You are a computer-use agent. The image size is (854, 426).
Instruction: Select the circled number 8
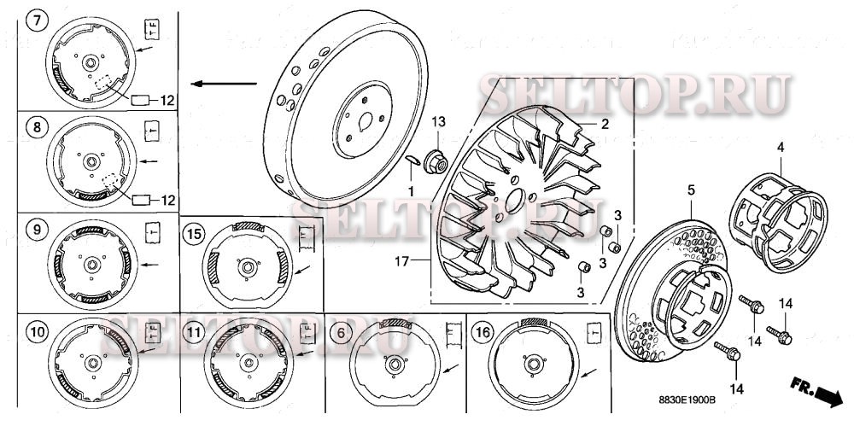point(35,130)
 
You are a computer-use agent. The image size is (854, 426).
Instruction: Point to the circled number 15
point(195,232)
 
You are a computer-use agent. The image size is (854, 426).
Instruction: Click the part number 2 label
point(604,124)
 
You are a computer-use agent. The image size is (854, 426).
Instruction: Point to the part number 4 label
point(780,148)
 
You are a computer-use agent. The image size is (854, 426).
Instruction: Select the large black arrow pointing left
point(224,84)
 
